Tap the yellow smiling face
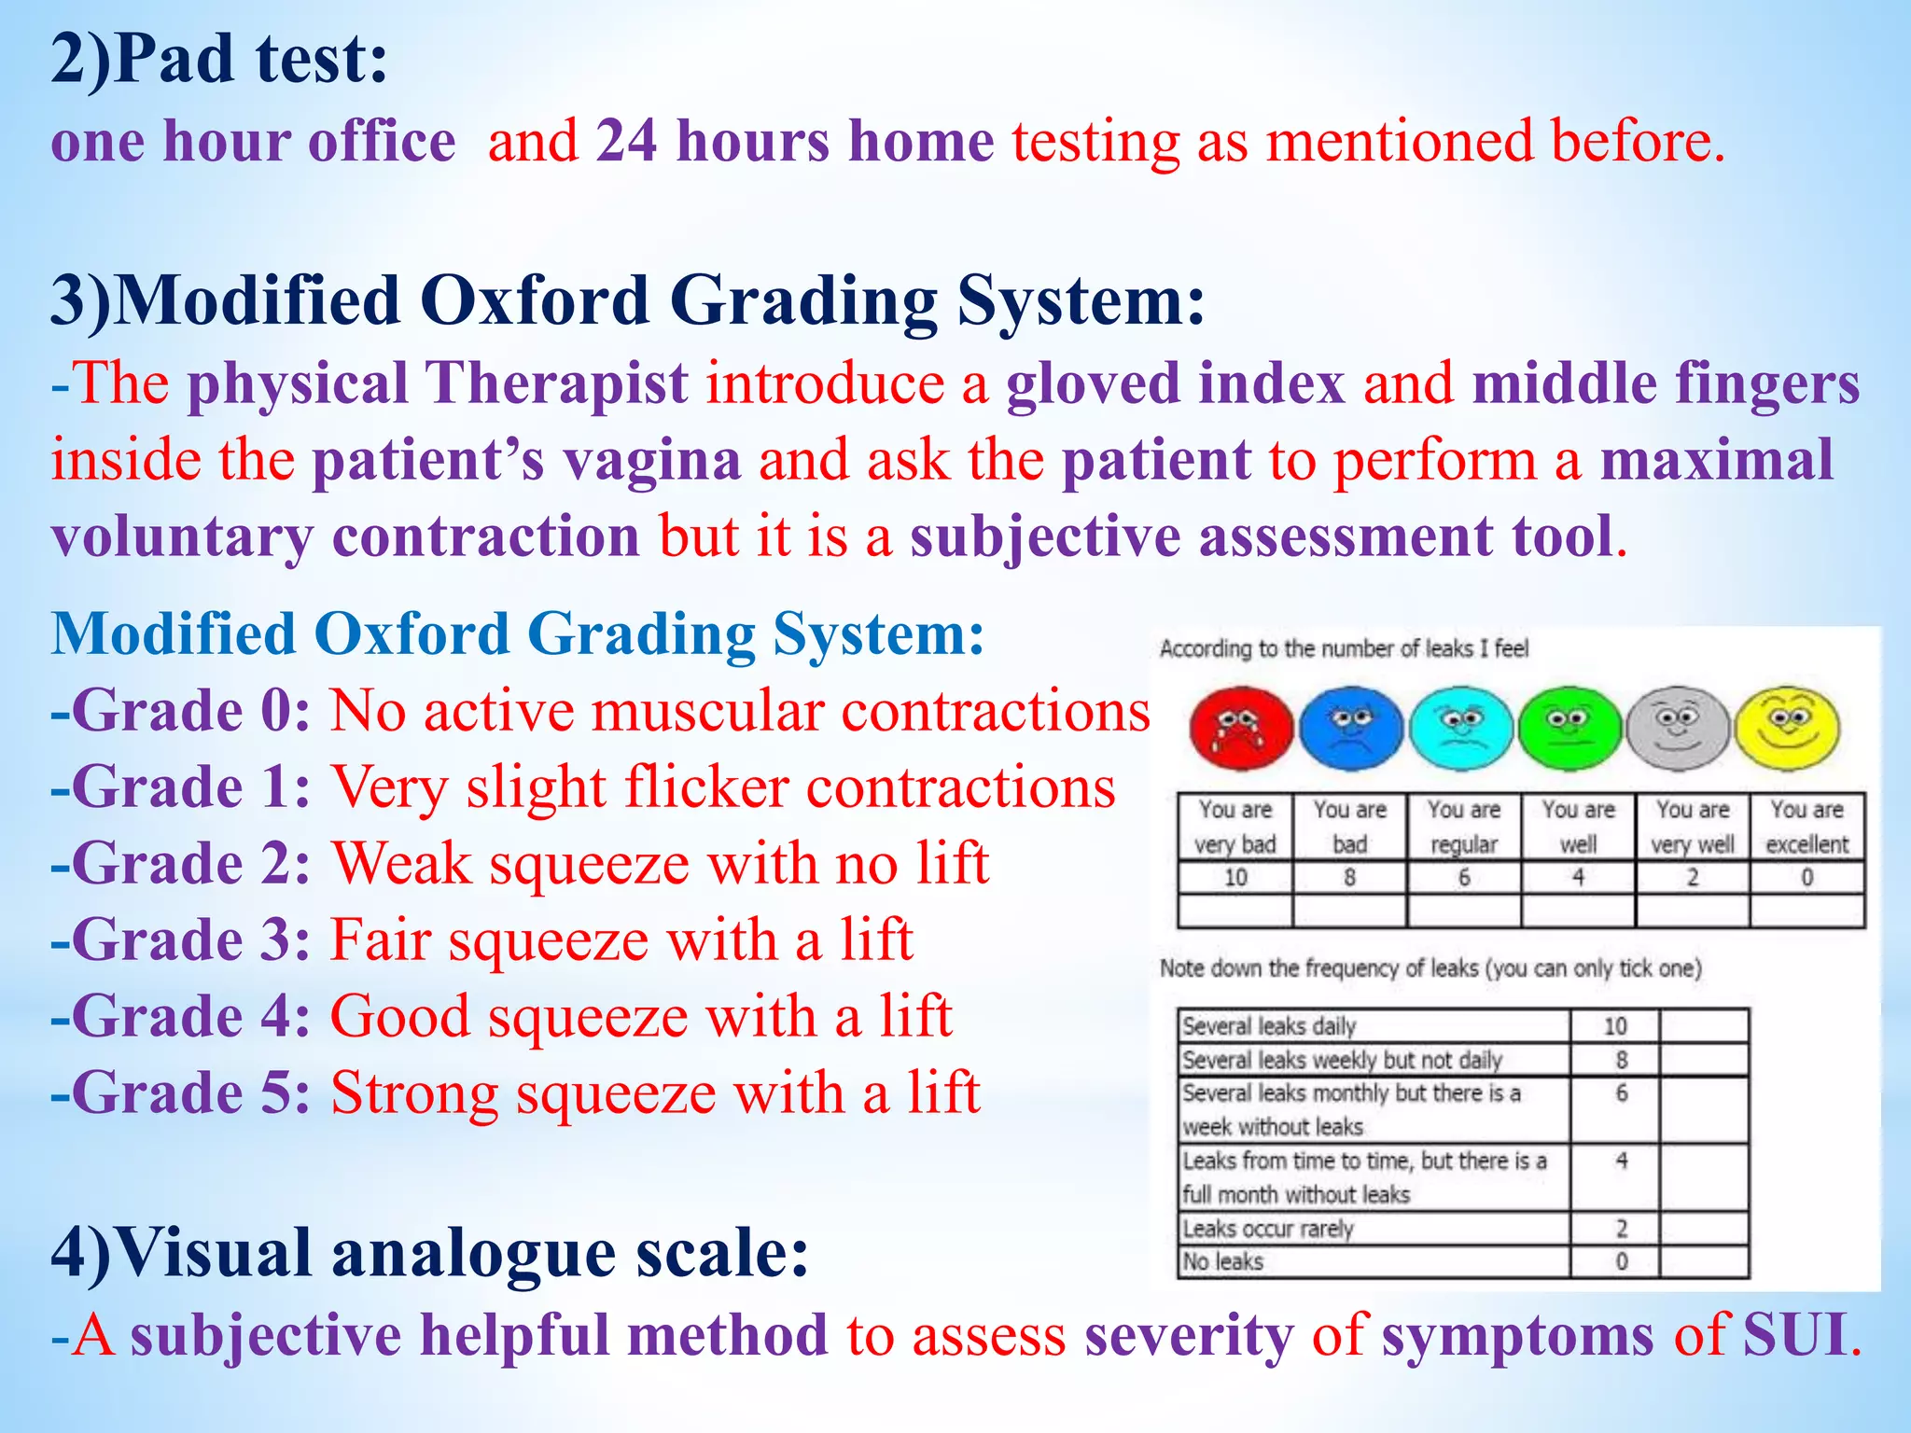pyautogui.click(x=1787, y=727)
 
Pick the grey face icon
pyautogui.click(x=1678, y=728)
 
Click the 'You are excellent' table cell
pyautogui.click(x=1806, y=827)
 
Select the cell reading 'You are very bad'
pyautogui.click(x=1234, y=827)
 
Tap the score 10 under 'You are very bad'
pyautogui.click(x=1234, y=878)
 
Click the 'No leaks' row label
pyautogui.click(x=1223, y=1262)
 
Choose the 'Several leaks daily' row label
pyautogui.click(x=1269, y=1026)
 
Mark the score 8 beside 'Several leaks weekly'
pyautogui.click(x=1622, y=1060)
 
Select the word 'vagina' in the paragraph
pyautogui.click(x=651, y=461)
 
